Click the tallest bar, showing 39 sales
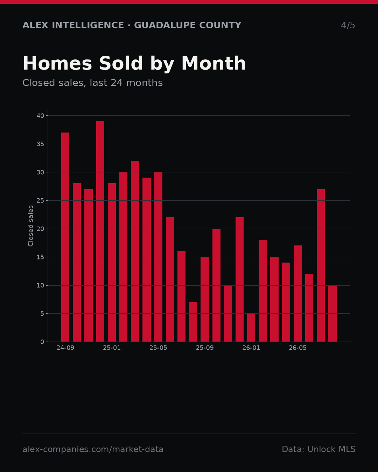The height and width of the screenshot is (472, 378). [x=100, y=231]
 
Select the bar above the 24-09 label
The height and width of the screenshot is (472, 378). [x=65, y=237]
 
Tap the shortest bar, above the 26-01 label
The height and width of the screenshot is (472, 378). [x=251, y=328]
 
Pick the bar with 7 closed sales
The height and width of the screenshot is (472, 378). [x=193, y=322]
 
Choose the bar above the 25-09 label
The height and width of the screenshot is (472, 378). [x=205, y=299]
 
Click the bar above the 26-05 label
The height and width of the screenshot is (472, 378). [x=297, y=293]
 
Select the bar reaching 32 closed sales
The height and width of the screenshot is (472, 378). [x=135, y=251]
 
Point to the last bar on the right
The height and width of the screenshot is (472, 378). [x=332, y=313]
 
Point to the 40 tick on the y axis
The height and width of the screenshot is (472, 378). [x=40, y=116]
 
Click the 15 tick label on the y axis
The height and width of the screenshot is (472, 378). [x=40, y=257]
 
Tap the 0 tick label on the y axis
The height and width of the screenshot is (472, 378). [x=42, y=342]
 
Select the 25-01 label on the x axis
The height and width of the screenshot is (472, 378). [x=112, y=348]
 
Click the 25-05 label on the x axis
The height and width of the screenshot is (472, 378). [x=158, y=348]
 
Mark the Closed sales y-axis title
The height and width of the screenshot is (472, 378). [x=30, y=226]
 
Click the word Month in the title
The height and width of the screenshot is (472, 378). [x=213, y=63]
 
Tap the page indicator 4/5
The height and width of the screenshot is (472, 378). [x=348, y=25]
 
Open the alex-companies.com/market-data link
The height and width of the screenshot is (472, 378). [x=93, y=449]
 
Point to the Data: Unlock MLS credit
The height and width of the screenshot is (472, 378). [x=319, y=449]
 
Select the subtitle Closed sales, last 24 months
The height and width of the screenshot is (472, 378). [x=92, y=83]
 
